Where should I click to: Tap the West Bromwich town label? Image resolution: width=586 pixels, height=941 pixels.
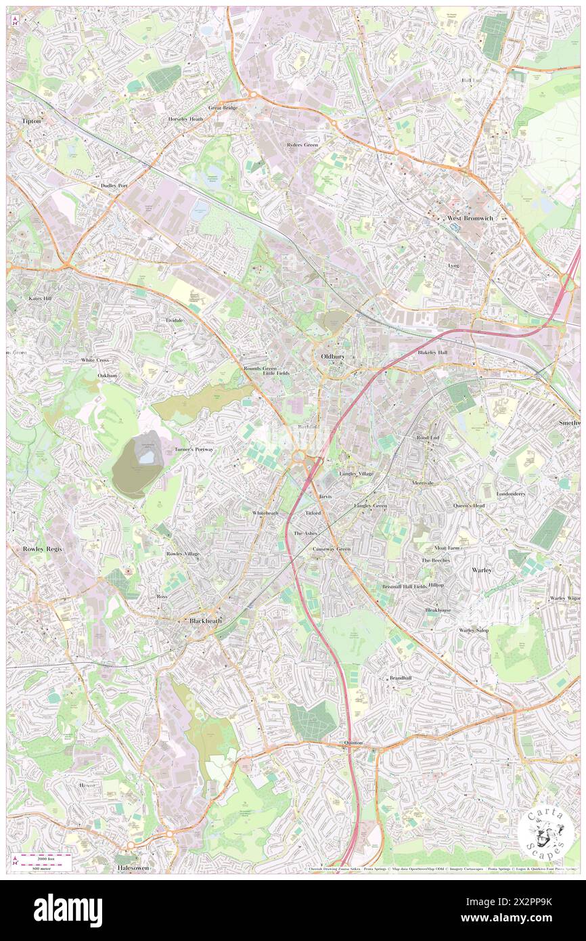point(469,218)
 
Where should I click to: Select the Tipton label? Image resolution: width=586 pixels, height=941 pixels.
point(31,121)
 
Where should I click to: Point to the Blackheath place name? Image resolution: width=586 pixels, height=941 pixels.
point(205,620)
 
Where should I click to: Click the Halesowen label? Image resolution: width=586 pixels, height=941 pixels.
point(132,867)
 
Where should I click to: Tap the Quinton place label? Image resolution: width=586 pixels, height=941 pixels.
point(353,743)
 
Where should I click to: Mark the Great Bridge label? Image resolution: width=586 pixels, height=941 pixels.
point(223,108)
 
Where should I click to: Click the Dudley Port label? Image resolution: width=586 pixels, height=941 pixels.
point(114,185)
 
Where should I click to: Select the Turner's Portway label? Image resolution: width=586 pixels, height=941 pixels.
point(194,449)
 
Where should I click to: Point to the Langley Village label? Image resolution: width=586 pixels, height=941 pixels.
point(356,473)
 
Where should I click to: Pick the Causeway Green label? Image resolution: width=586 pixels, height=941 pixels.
point(332,549)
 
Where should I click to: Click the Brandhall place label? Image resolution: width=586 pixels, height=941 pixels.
point(400,678)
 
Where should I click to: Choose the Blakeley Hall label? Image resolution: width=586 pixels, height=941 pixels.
point(432,353)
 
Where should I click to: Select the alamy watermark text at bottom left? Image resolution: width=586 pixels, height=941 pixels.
point(68,910)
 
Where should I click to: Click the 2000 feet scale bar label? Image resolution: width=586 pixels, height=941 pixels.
point(47,858)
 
